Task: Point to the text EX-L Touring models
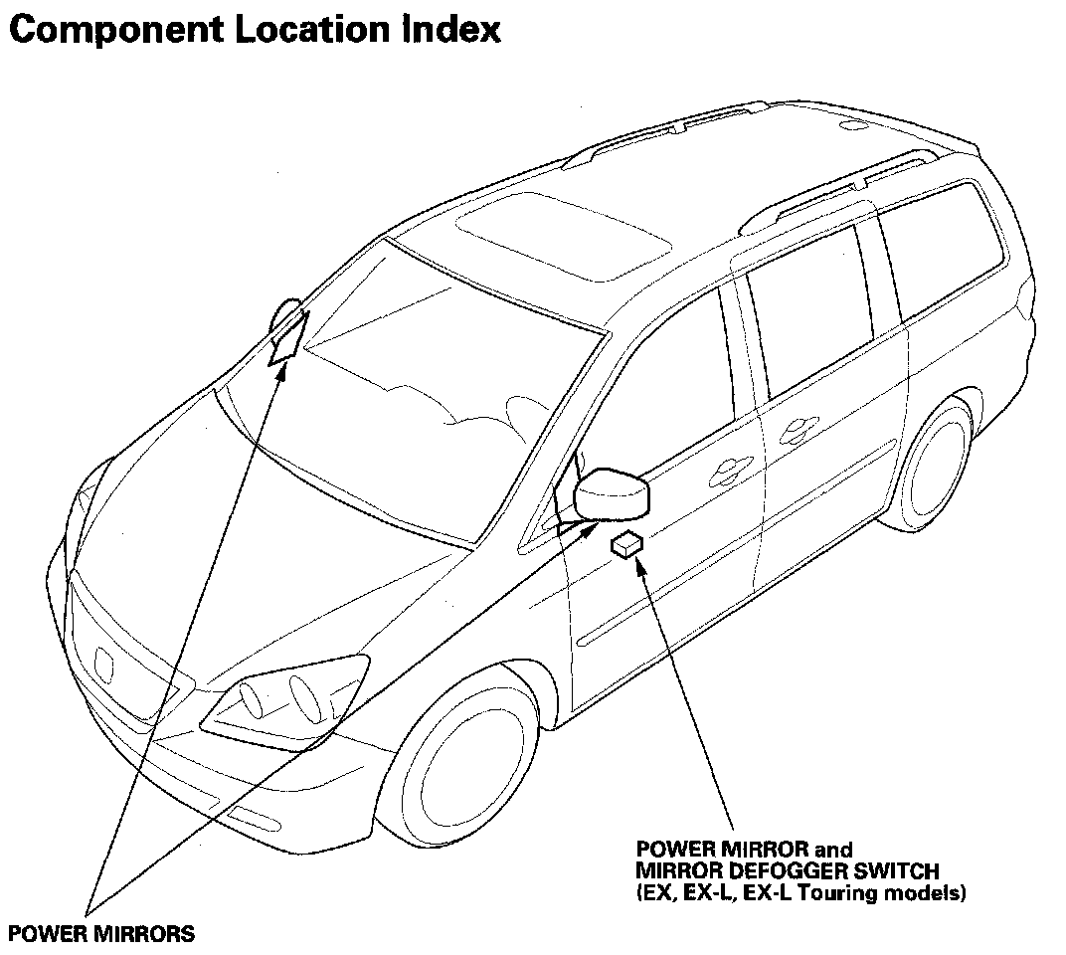[x=856, y=893]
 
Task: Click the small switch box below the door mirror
[x=626, y=544]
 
